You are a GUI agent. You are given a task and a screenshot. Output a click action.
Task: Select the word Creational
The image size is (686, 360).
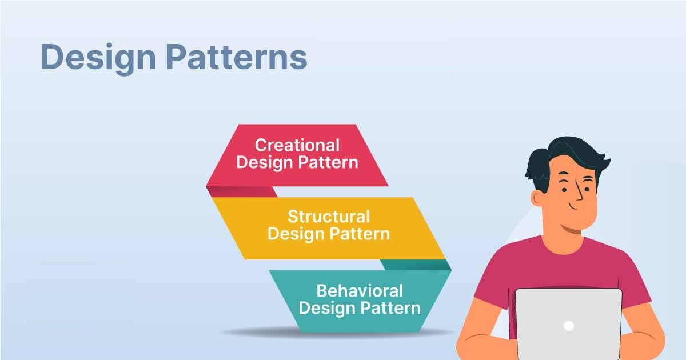click(x=297, y=145)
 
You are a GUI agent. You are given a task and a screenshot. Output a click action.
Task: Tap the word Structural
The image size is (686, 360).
click(x=328, y=217)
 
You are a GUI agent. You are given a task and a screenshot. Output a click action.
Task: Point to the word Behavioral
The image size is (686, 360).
click(x=359, y=291)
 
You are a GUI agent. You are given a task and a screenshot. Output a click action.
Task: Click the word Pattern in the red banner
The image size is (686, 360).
click(x=328, y=162)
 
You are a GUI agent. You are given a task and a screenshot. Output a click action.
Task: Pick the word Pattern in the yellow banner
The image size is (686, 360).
click(x=360, y=234)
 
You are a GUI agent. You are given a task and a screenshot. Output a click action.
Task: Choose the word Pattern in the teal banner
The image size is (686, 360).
click(x=390, y=309)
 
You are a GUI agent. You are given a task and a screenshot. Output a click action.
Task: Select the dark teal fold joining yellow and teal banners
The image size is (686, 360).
click(x=414, y=265)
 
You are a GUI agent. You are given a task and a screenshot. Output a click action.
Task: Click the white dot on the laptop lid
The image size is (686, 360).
click(x=568, y=326)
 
